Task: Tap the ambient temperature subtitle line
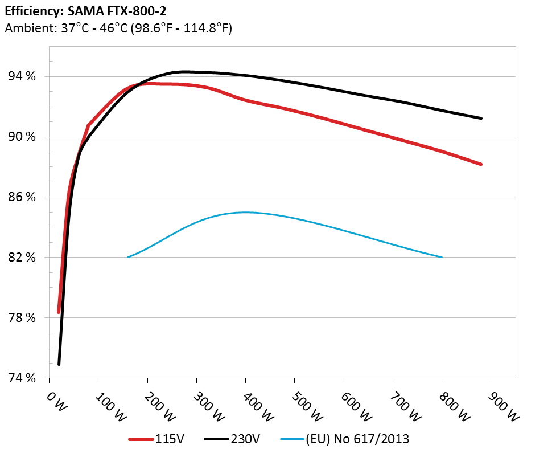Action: pos(118,27)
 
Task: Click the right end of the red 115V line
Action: pos(481,164)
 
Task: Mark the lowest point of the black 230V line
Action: pos(59,364)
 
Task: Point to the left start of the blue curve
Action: pos(127,257)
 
